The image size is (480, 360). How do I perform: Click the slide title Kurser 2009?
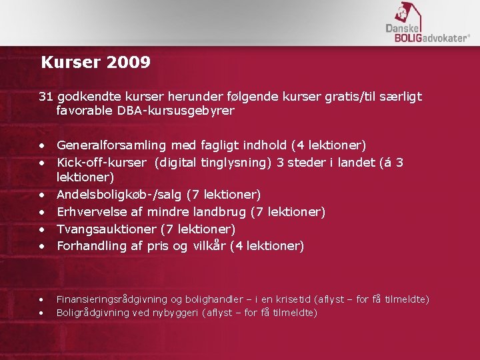click(x=95, y=63)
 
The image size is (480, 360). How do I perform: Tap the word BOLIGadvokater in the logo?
click(x=427, y=38)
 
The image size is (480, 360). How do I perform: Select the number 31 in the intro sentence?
click(x=45, y=97)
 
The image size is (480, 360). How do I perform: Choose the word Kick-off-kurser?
click(x=101, y=162)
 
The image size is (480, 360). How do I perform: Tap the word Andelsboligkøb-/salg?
click(x=119, y=195)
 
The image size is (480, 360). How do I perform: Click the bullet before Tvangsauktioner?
click(x=42, y=229)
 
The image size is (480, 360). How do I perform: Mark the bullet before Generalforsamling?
click(x=42, y=145)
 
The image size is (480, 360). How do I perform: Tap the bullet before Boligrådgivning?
click(x=42, y=313)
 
